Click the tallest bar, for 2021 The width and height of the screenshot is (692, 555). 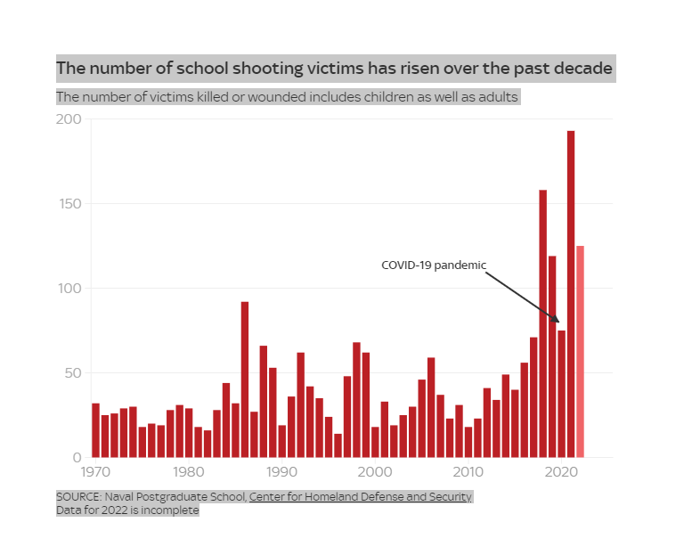[571, 294]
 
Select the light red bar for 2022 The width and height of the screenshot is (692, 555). [581, 351]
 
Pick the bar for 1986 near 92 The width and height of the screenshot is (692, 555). [245, 380]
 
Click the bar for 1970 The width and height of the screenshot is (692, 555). [95, 430]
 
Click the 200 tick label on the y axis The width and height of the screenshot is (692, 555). [69, 119]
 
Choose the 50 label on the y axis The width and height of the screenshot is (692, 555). [73, 373]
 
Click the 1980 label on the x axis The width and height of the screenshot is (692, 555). [188, 472]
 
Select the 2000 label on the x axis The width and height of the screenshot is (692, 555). [375, 472]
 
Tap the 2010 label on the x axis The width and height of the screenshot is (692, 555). [468, 472]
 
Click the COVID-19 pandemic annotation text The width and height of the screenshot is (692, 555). [434, 265]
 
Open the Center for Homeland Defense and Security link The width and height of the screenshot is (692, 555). [361, 496]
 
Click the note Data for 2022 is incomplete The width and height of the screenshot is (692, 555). [127, 510]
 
